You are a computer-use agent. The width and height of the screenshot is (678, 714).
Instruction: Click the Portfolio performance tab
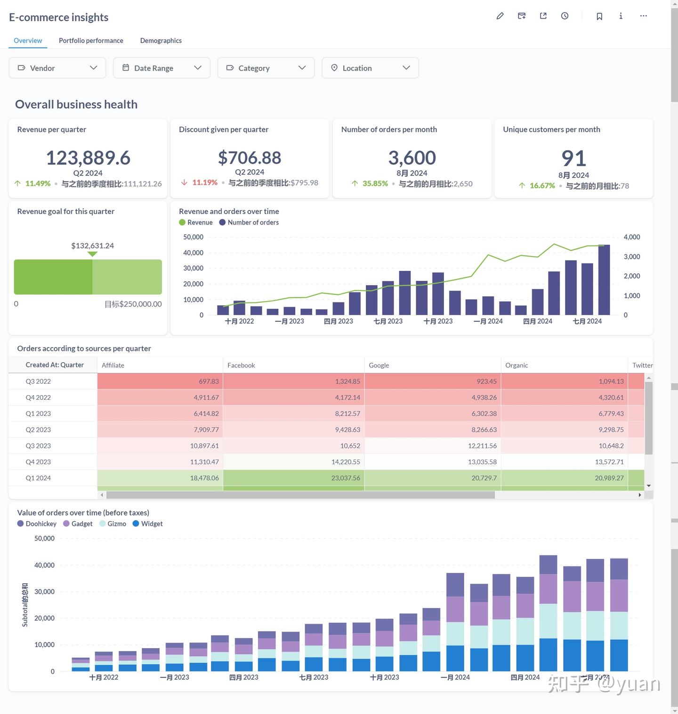pyautogui.click(x=91, y=40)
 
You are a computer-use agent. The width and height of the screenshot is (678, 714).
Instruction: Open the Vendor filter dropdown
pyautogui.click(x=57, y=68)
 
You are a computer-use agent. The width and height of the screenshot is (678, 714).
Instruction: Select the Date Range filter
pyautogui.click(x=162, y=68)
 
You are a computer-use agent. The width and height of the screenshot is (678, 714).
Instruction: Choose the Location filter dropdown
pyautogui.click(x=370, y=68)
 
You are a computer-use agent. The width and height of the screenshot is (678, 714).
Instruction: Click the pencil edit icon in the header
pyautogui.click(x=500, y=16)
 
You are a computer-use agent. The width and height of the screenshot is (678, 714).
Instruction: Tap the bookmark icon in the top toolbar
pyautogui.click(x=599, y=16)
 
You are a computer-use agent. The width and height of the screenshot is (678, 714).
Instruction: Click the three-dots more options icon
pyautogui.click(x=644, y=16)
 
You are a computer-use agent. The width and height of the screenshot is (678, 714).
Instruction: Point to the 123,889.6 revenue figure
pyautogui.click(x=88, y=158)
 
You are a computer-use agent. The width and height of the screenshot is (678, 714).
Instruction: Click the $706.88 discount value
pyautogui.click(x=250, y=158)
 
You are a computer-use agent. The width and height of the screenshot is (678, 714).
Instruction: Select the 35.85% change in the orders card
pyautogui.click(x=375, y=183)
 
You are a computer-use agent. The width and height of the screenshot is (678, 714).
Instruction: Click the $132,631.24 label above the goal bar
pyautogui.click(x=92, y=246)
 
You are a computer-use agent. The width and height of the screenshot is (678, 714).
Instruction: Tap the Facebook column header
pyautogui.click(x=241, y=365)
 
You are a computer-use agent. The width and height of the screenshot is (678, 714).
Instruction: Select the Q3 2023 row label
pyautogui.click(x=38, y=446)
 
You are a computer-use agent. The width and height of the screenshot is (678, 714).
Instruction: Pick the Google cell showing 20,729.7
pyautogui.click(x=484, y=478)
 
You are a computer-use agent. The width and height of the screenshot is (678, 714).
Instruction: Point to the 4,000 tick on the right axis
pyautogui.click(x=631, y=237)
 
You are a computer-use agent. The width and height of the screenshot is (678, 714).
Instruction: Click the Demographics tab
pyautogui.click(x=161, y=40)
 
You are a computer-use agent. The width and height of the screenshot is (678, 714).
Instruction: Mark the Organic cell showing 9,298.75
pyautogui.click(x=611, y=430)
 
